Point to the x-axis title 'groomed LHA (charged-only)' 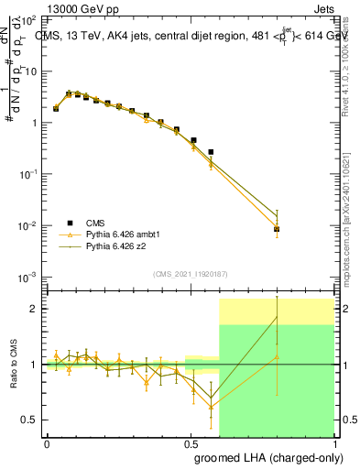pos(267,457)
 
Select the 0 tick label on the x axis pos(47,442)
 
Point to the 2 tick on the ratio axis pos(33,309)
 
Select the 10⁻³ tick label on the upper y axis pos(28,277)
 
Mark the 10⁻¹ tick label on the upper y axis pos(28,174)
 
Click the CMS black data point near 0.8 pos(277,229)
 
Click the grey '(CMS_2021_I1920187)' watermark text pos(190,274)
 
